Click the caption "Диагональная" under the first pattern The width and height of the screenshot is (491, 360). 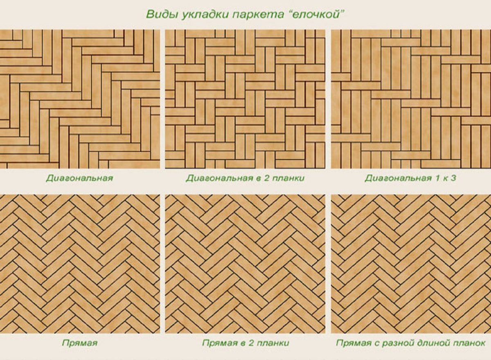79,178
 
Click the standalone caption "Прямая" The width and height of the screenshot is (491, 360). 79,343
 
